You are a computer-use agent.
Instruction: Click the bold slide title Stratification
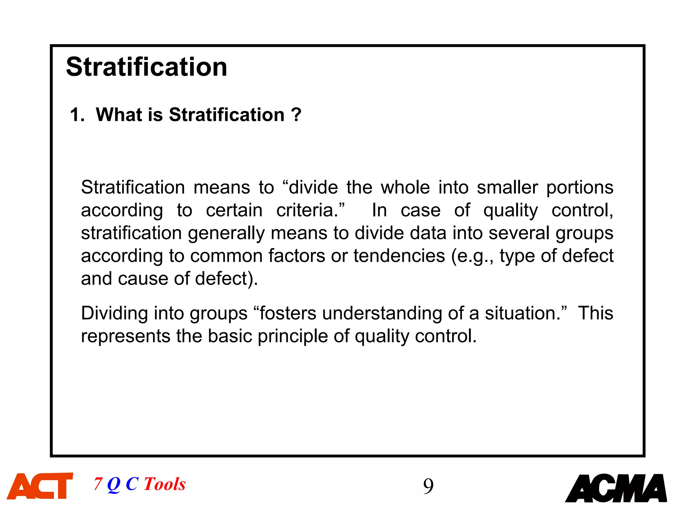coord(147,67)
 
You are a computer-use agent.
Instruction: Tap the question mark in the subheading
coord(296,115)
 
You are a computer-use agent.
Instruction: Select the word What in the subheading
coord(119,115)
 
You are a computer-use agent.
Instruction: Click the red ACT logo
coord(40,486)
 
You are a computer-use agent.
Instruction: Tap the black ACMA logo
coord(616,488)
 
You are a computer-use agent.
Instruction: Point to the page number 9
coord(428,486)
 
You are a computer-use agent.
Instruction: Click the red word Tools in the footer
coord(165,484)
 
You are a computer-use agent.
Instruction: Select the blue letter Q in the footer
coord(114,484)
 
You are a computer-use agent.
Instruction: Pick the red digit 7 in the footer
coord(98,484)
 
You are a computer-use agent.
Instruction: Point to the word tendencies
coord(399,256)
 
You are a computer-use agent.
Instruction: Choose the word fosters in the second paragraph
coord(288,313)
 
